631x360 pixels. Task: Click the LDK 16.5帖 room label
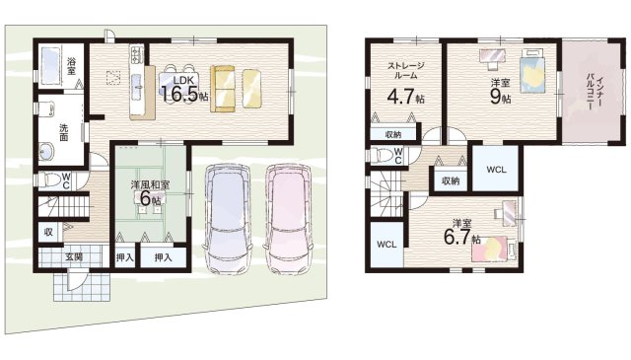point(184,89)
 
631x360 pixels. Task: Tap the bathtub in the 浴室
point(50,66)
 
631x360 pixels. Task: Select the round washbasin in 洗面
point(47,152)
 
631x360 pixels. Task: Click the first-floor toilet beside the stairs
point(49,180)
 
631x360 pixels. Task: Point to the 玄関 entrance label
point(74,256)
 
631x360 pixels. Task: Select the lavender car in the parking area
point(228,217)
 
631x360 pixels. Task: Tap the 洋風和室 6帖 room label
point(150,192)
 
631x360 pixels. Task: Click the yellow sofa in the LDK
point(223,89)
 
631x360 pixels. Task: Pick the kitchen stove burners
point(136,55)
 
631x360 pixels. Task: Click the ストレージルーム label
point(405,70)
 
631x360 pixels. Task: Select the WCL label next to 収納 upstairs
point(496,170)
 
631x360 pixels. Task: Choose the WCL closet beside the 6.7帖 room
point(386,245)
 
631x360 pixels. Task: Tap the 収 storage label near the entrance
point(48,233)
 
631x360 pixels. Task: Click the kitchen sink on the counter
point(136,83)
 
